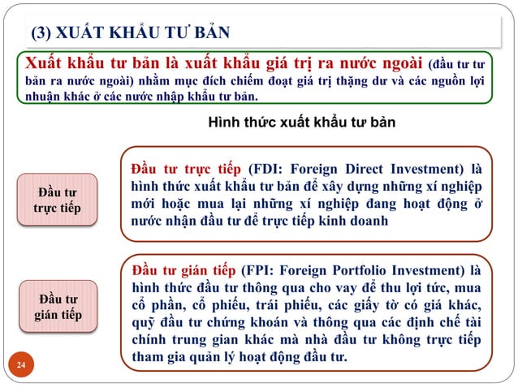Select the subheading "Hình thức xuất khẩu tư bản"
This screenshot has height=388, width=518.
(301, 123)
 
